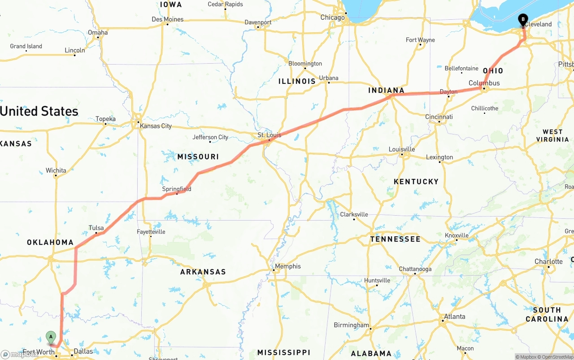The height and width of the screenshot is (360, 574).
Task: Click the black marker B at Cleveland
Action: [523, 20]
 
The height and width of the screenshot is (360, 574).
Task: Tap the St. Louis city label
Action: [269, 135]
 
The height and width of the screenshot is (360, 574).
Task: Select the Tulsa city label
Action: [96, 228]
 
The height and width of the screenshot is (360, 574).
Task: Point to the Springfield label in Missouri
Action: [177, 189]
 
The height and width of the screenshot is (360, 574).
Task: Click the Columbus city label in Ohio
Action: [484, 83]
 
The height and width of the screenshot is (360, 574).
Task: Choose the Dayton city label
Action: [448, 91]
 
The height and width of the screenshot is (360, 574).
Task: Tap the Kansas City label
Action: [156, 126]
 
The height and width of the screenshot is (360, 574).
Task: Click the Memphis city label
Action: [288, 266]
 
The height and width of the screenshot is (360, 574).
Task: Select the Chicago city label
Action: [332, 17]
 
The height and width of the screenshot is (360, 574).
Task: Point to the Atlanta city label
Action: [455, 317]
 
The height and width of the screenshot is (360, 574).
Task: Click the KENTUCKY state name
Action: [416, 182]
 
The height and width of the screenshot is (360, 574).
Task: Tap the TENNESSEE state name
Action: [395, 239]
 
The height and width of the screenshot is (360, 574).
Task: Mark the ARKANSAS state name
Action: [203, 272]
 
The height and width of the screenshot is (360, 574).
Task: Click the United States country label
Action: [39, 111]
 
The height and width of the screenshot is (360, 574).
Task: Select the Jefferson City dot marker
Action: [210, 142]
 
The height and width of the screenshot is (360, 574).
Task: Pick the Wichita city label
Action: [56, 170]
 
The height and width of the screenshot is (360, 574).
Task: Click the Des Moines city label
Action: [167, 19]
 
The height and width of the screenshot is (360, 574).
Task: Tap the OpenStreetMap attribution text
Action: [556, 357]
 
